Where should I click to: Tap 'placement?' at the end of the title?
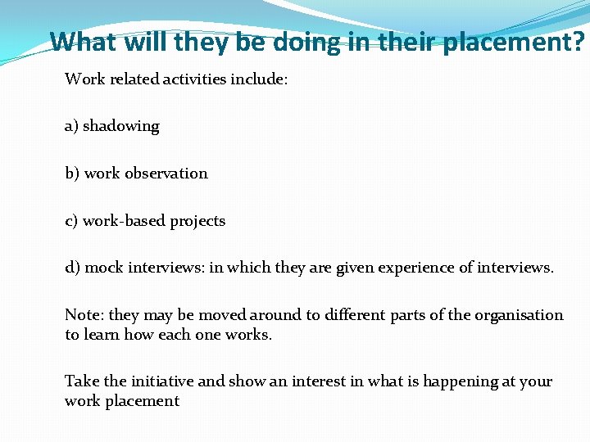coord(514,41)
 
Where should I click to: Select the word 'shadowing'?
coord(121,126)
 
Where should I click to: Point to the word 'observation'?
coord(166,174)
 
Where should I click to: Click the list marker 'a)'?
coord(71,126)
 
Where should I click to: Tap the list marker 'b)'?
coord(72,174)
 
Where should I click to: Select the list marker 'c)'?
coord(71,221)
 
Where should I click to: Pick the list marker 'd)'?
coord(72,268)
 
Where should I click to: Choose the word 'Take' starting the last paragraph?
coord(81,381)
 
